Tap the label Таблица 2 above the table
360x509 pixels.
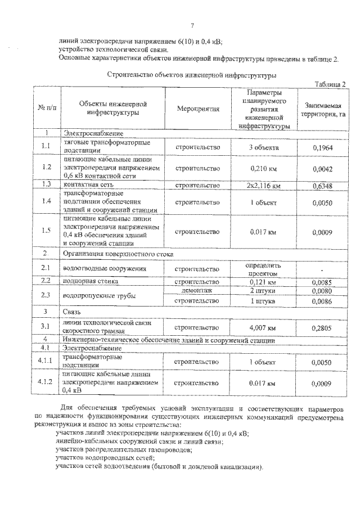(328, 83)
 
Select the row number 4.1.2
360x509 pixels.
(46, 382)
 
